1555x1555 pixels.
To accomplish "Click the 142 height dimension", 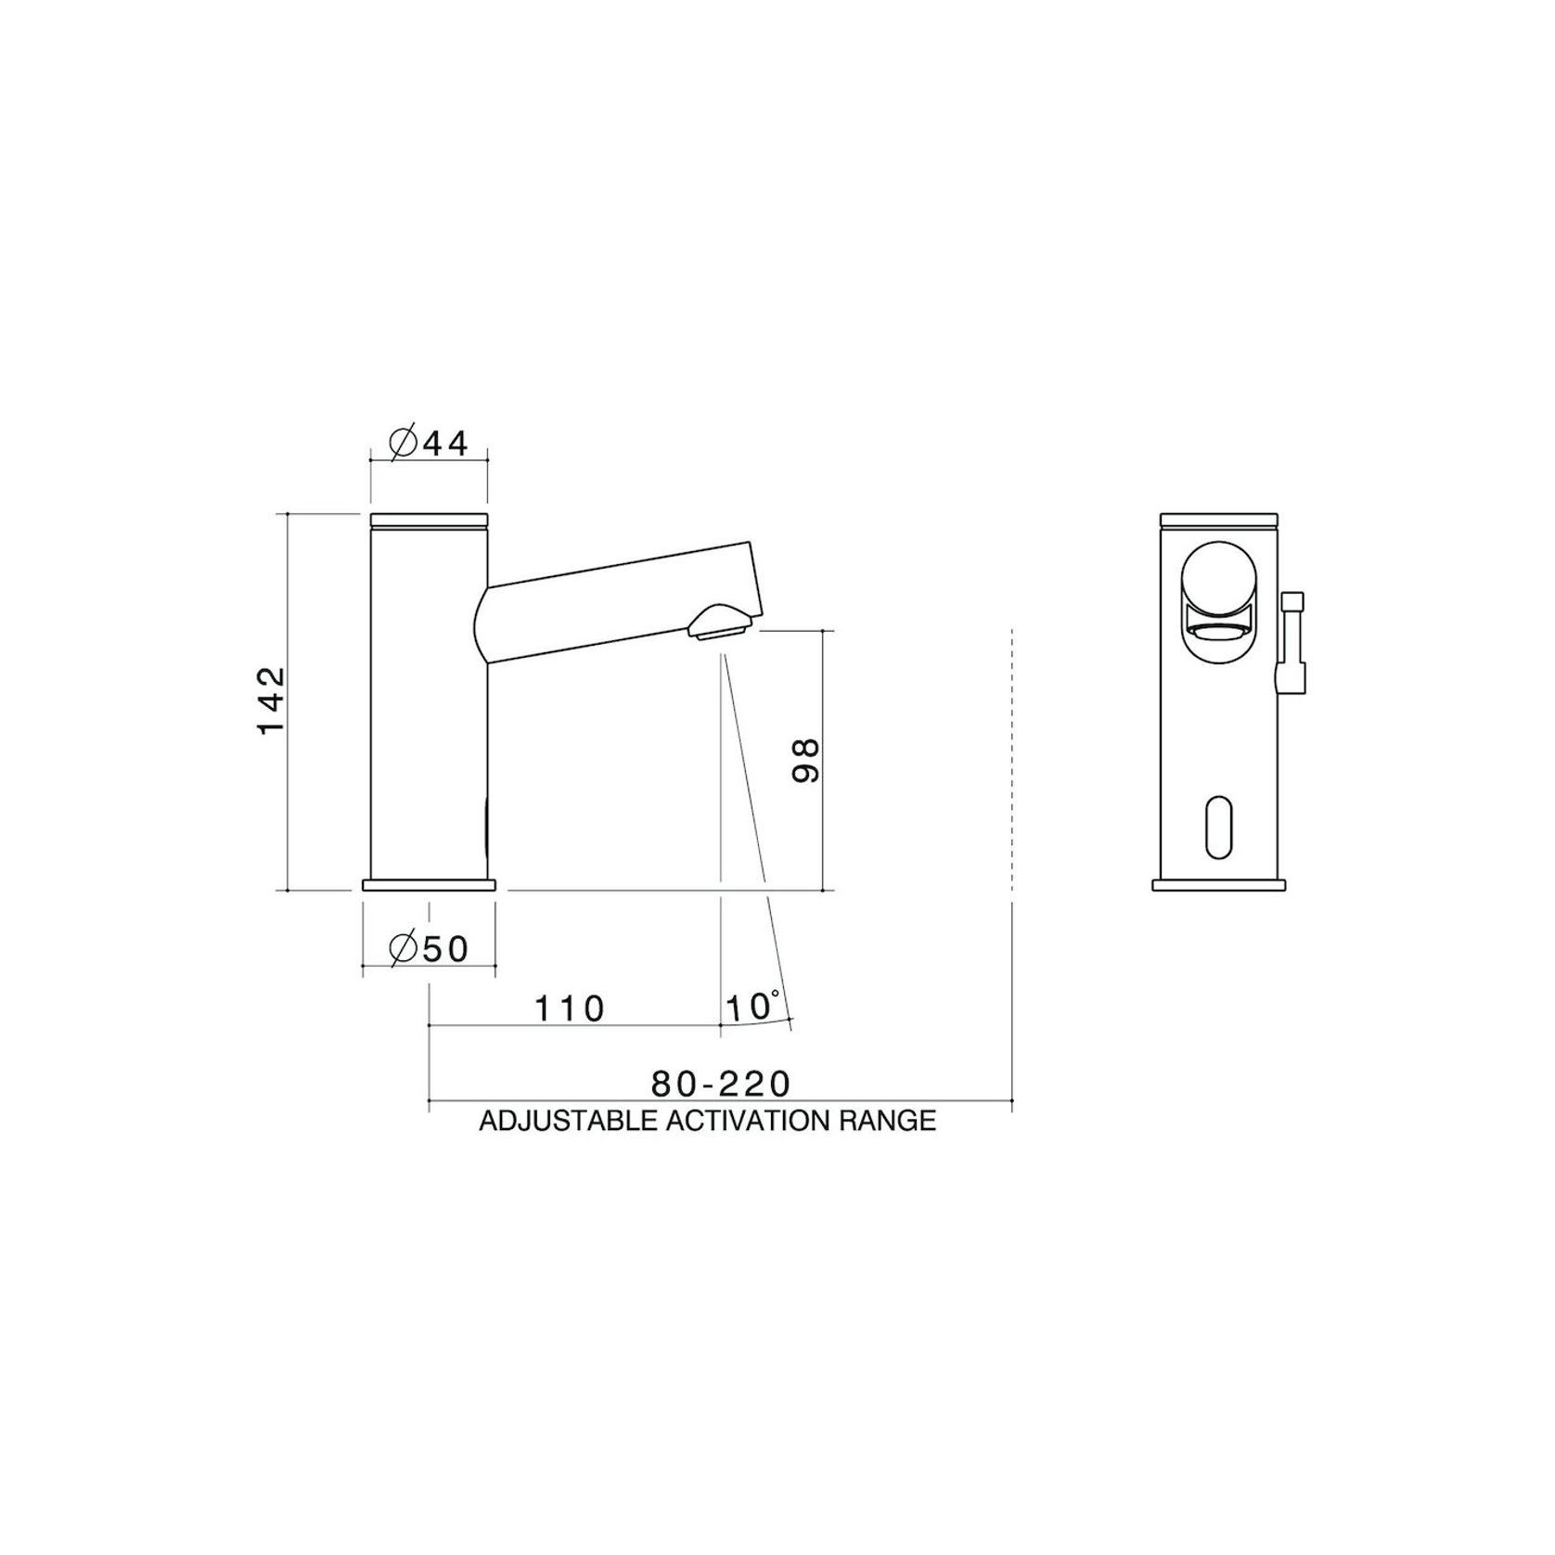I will [272, 700].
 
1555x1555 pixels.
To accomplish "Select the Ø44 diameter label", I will [429, 443].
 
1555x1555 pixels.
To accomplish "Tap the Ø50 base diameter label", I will [429, 949].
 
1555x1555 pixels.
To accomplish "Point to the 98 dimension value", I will [806, 760].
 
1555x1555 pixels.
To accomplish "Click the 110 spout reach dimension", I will [570, 1009].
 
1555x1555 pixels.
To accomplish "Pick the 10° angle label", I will [752, 1007].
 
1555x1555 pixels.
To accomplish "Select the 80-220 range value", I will [720, 1083].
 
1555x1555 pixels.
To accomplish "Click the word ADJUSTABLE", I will [570, 1121].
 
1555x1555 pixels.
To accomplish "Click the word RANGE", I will [888, 1121].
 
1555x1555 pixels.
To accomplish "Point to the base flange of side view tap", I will [429, 885].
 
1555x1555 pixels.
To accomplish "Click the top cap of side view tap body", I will [429, 520].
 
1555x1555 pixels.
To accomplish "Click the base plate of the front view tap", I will [1219, 885].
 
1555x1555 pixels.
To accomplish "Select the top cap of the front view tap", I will [1219, 520].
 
